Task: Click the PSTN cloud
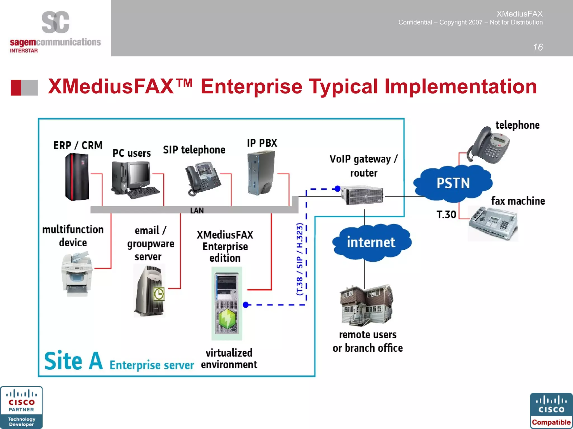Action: click(453, 183)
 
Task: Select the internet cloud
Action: click(371, 242)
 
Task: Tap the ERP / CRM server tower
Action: click(77, 177)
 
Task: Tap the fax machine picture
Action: click(493, 223)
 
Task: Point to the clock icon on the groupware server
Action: click(159, 294)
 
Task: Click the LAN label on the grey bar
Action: click(197, 211)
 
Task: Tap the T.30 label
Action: click(446, 214)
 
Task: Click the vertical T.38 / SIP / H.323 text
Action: click(299, 259)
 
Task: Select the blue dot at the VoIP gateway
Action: click(337, 189)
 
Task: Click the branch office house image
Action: click(367, 305)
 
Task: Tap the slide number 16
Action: click(537, 47)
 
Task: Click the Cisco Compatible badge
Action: click(551, 410)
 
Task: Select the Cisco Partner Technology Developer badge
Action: click(21, 407)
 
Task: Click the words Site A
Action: click(73, 361)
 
